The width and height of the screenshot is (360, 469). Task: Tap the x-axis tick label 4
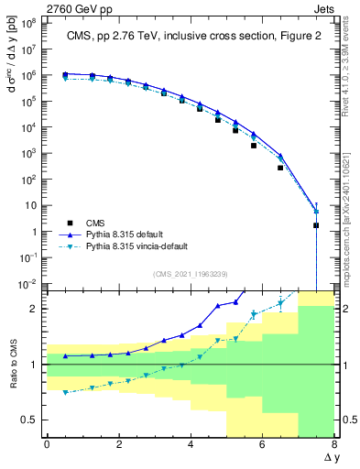point(190,445)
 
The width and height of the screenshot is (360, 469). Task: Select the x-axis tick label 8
point(333,445)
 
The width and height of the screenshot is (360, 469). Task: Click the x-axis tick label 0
point(47,445)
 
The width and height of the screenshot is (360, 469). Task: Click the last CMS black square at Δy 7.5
point(316,224)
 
